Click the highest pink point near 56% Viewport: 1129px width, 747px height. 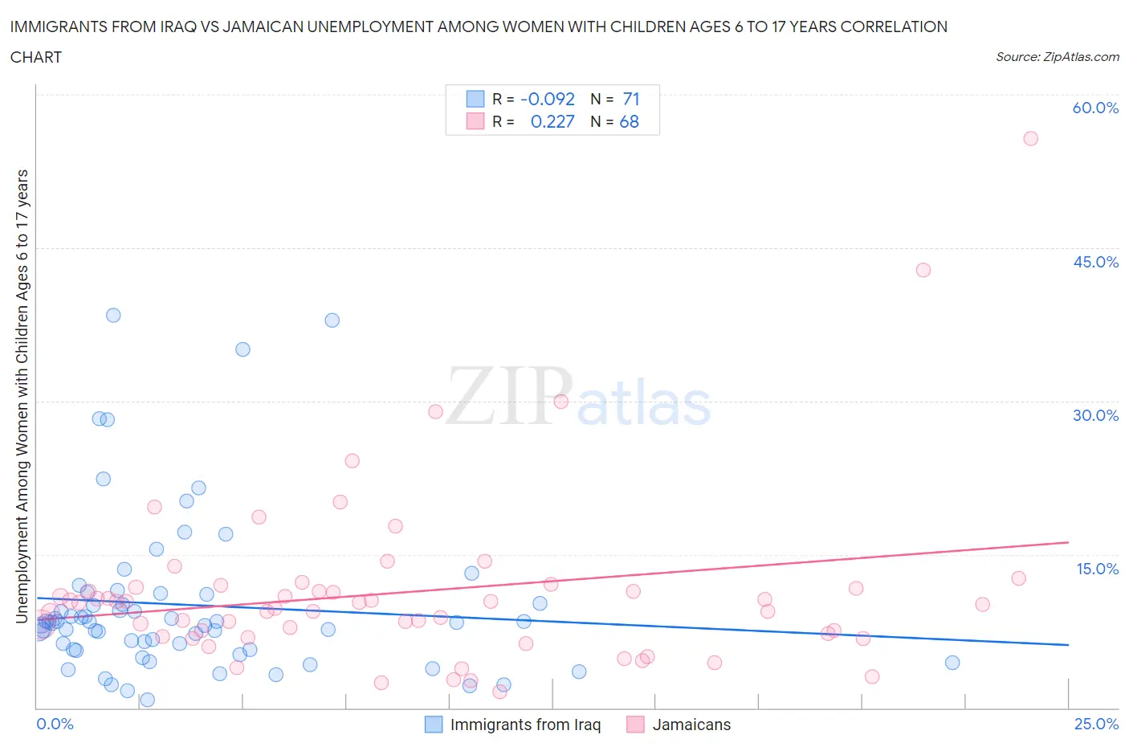tap(1030, 138)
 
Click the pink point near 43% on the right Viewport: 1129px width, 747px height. tap(923, 270)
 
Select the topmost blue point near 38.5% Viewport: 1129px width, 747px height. tap(113, 315)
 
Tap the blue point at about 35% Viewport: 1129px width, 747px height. tap(243, 349)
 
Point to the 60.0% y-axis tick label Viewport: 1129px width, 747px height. tap(1095, 108)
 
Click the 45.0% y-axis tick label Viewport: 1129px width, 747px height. tap(1095, 262)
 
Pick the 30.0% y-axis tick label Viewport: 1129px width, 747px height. tap(1095, 415)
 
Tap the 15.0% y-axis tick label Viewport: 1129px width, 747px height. tap(1095, 569)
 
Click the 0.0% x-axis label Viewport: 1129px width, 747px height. tap(55, 724)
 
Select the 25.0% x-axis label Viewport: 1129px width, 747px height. tap(1096, 724)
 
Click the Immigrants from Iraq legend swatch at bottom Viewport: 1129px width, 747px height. tap(434, 725)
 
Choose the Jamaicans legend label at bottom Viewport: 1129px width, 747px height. tap(691, 725)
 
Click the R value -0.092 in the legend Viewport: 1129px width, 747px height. tap(548, 99)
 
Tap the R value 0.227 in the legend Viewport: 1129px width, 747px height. tap(552, 121)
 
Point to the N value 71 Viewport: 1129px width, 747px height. tap(631, 99)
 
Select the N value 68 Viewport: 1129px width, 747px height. tap(630, 121)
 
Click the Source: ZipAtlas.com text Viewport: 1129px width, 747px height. tap(1057, 56)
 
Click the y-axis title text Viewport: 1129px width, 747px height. tap(22, 396)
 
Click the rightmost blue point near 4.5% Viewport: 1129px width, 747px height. tap(952, 663)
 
